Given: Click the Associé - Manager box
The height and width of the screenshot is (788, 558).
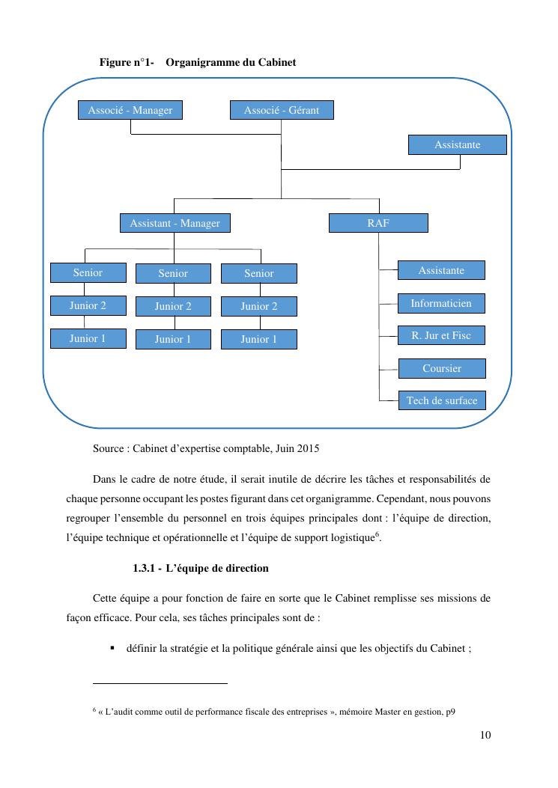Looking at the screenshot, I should (x=130, y=110).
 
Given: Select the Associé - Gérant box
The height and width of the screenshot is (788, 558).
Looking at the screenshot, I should (x=281, y=110).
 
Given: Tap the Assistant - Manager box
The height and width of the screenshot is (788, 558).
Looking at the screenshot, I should (x=175, y=223).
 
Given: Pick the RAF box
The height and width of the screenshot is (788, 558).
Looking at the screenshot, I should (x=378, y=223).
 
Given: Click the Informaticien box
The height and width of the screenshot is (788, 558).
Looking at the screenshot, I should (x=440, y=303).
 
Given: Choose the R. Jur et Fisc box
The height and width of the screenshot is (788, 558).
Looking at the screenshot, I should (x=440, y=335).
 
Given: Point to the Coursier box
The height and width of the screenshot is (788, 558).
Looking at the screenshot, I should (x=441, y=368).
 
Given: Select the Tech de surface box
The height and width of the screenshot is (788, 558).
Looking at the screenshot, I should (x=441, y=400).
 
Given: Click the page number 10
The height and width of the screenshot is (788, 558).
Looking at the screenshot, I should (x=485, y=735).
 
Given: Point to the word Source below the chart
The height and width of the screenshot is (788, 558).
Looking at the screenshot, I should (x=109, y=449).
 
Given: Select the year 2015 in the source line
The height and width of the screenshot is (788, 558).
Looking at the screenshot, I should (x=307, y=449).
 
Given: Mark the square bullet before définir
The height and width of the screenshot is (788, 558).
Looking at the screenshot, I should (x=112, y=648).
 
